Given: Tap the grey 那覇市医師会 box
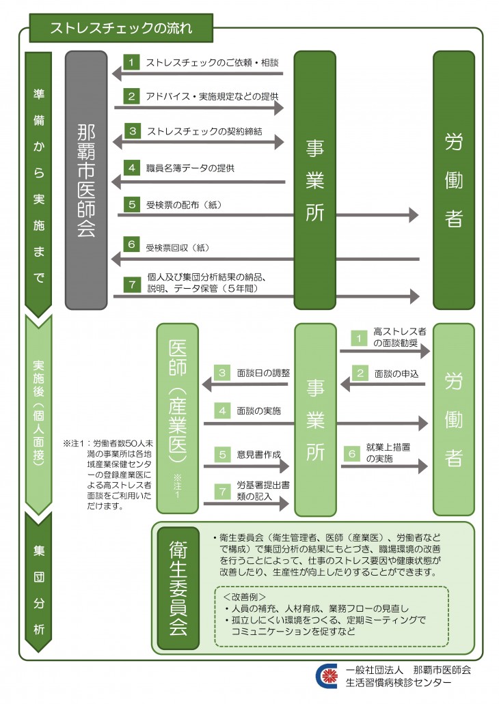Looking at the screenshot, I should (x=87, y=180).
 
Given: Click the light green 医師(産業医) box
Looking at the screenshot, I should (x=177, y=418).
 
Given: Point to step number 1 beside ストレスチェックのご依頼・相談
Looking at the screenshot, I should (x=132, y=62).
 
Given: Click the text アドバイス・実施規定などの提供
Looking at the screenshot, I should (x=212, y=96).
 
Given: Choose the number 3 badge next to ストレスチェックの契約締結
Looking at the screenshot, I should (x=132, y=130).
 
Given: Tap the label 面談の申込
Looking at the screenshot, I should (x=396, y=374).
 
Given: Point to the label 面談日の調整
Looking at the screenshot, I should (x=263, y=374).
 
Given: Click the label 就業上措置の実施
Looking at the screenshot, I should (x=383, y=453).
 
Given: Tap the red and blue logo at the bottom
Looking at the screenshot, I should (x=327, y=675).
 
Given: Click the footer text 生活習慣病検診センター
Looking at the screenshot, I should (x=399, y=682).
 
